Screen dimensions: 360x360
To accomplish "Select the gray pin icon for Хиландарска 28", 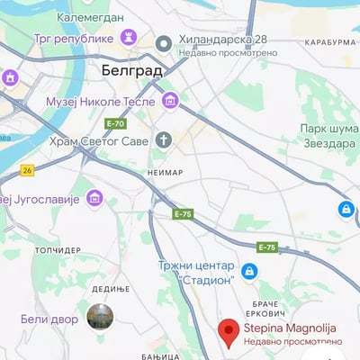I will [x=163, y=43].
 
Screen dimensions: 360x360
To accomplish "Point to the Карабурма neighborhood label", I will [x=329, y=42].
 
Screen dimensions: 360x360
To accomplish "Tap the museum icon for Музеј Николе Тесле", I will [x=169, y=101].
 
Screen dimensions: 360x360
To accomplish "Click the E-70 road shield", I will [x=115, y=123].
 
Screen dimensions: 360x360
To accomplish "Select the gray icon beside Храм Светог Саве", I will [x=163, y=139].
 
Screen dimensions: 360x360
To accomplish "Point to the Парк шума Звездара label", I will [x=329, y=135].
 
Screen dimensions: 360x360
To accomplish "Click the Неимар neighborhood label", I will [x=165, y=172].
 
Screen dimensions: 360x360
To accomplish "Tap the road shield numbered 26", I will [x=28, y=169].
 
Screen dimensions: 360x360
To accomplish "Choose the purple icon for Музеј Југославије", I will [x=94, y=198].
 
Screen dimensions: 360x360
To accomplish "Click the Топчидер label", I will [x=58, y=250].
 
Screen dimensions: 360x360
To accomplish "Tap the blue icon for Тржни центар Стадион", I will [x=249, y=271].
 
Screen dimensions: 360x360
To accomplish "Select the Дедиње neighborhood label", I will [x=111, y=289].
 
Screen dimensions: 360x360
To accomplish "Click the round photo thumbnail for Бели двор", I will [x=100, y=317].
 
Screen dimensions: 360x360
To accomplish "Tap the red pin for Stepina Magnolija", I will [x=229, y=331].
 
